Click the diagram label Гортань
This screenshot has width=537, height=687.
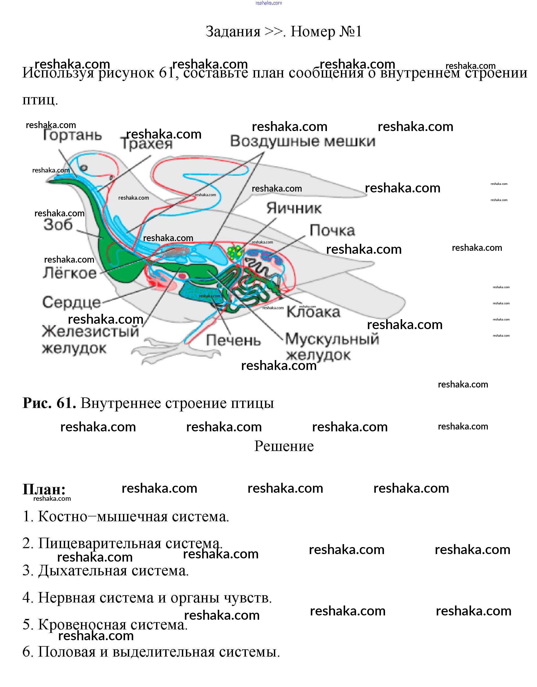click(72, 136)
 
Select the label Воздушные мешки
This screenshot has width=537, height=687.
click(302, 142)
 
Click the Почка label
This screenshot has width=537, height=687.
click(332, 231)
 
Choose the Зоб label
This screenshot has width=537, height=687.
click(58, 225)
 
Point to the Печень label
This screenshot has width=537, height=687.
click(233, 341)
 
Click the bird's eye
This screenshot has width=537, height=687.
click(84, 168)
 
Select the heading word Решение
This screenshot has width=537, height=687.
click(284, 446)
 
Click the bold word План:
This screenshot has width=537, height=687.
click(44, 489)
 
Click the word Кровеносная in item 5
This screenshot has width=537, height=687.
click(82, 625)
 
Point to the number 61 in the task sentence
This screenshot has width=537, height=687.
click(167, 73)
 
